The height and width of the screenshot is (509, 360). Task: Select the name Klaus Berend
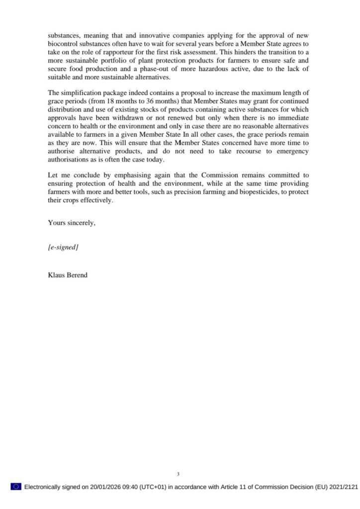(68, 274)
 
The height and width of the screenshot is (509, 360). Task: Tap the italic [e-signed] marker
(63, 247)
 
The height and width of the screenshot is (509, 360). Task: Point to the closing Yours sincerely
(72, 223)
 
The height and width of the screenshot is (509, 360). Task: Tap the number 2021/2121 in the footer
(342, 487)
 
